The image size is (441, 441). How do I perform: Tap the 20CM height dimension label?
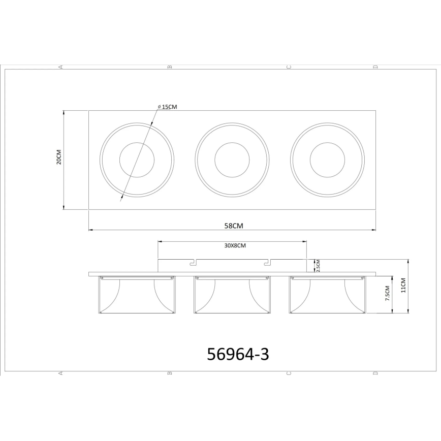tap(58, 157)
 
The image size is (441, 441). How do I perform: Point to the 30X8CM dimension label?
tap(235, 245)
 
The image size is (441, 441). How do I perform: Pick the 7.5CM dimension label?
tap(387, 294)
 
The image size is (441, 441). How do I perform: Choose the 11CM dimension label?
tap(403, 286)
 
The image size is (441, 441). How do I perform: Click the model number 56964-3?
tap(238, 354)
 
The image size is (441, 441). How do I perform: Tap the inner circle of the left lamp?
tap(137, 160)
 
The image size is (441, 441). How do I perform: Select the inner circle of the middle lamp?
tap(232, 160)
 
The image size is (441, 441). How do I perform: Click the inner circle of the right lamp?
tap(327, 160)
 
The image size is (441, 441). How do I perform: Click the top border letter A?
tap(61, 67)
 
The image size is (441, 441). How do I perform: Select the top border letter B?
tap(170, 67)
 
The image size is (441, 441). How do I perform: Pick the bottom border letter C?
tap(289, 374)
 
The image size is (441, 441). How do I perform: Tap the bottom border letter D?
tap(375, 374)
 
